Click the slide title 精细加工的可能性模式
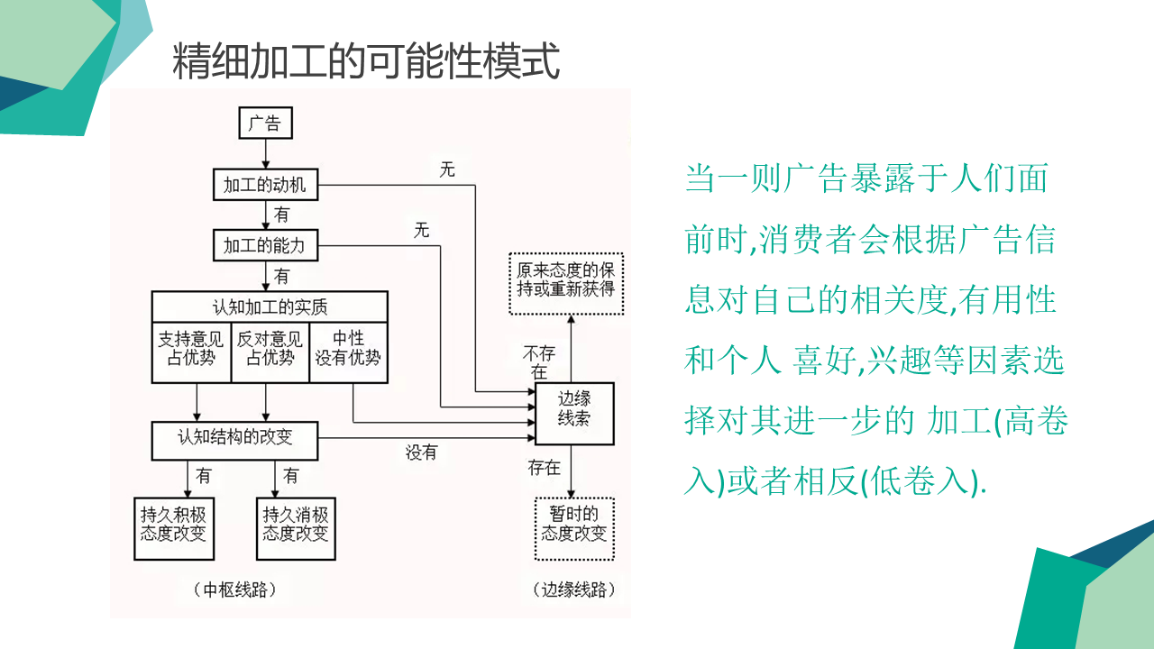click(x=366, y=61)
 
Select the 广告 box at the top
click(x=265, y=123)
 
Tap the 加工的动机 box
click(x=265, y=186)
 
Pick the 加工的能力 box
click(x=265, y=244)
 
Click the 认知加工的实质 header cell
click(x=270, y=306)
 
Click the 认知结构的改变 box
click(x=234, y=439)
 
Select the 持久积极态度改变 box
click(x=173, y=524)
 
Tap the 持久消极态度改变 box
click(x=295, y=524)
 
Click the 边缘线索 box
click(x=574, y=413)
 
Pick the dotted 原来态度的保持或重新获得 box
click(x=565, y=283)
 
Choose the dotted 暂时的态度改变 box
click(x=574, y=524)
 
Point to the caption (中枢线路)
click(x=234, y=590)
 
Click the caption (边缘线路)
click(x=574, y=590)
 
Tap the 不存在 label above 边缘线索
click(x=539, y=362)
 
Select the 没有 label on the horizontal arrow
click(x=421, y=452)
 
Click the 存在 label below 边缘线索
click(x=544, y=468)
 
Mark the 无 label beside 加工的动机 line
click(x=447, y=169)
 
